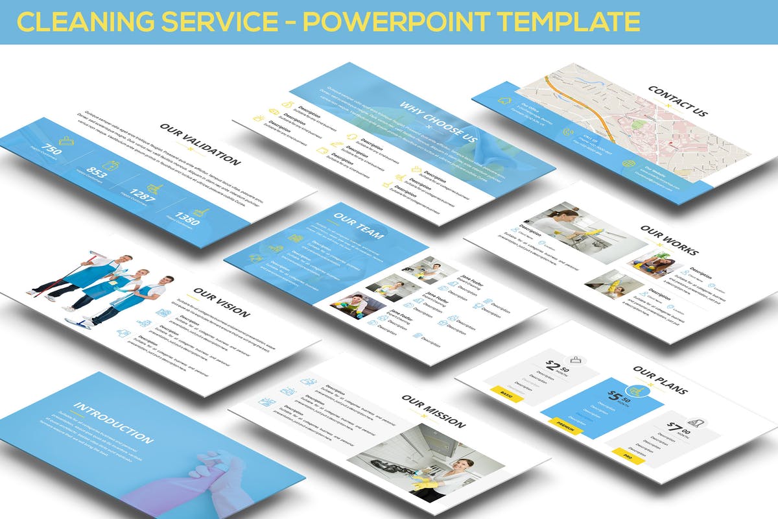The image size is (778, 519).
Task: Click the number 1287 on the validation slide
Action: [142, 195]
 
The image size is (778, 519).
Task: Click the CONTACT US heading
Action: [677, 103]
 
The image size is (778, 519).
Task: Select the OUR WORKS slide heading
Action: [668, 240]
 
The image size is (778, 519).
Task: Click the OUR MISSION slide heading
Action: [433, 411]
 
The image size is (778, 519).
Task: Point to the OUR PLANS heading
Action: [660, 380]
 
